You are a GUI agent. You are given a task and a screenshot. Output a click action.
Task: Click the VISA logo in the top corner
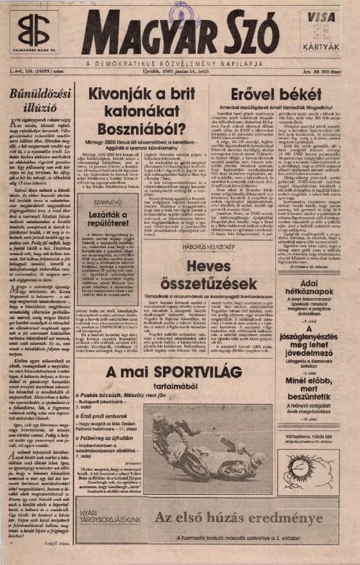pos(320,20)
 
